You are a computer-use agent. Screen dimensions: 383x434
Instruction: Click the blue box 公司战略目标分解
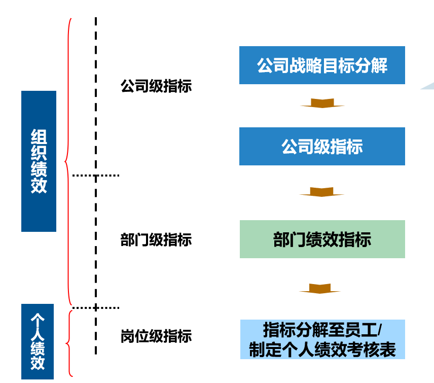pyautogui.click(x=322, y=65)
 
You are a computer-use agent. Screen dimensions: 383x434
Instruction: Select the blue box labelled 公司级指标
pyautogui.click(x=322, y=147)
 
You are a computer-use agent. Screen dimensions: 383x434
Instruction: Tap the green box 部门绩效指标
pyautogui.click(x=322, y=239)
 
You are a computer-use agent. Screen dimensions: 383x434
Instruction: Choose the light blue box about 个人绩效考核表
pyautogui.click(x=322, y=339)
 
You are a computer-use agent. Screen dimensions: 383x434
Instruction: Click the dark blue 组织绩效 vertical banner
pyautogui.click(x=39, y=161)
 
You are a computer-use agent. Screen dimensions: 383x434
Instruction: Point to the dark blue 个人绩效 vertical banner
pyautogui.click(x=39, y=341)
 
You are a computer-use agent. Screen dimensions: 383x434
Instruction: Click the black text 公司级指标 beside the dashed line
pyautogui.click(x=156, y=86)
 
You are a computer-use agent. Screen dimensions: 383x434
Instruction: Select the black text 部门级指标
pyautogui.click(x=156, y=239)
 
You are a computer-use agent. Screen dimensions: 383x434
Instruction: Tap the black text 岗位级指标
pyautogui.click(x=156, y=336)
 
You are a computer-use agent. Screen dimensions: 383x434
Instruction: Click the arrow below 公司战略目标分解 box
pyautogui.click(x=322, y=103)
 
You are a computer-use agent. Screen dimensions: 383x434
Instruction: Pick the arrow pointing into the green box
pyautogui.click(x=322, y=192)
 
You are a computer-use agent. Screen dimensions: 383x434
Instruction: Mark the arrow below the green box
pyautogui.click(x=320, y=288)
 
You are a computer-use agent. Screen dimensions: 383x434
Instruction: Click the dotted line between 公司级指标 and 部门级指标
pyautogui.click(x=96, y=176)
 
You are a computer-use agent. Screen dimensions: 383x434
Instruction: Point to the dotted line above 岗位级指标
pyautogui.click(x=96, y=307)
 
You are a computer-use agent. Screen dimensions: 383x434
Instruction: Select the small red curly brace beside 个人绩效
pyautogui.click(x=69, y=343)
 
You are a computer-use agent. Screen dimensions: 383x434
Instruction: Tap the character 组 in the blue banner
pyautogui.click(x=39, y=137)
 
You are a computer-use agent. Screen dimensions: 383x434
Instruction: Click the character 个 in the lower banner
pyautogui.click(x=39, y=319)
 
